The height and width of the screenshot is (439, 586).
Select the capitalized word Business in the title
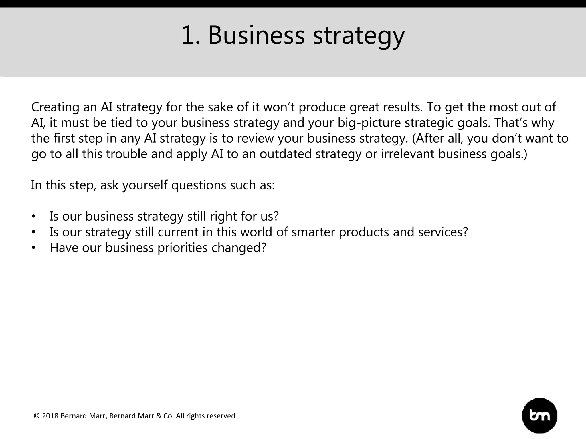point(256,35)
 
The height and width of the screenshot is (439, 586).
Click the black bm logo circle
point(539,416)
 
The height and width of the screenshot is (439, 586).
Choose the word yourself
point(145,185)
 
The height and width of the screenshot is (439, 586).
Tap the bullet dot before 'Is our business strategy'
point(33,217)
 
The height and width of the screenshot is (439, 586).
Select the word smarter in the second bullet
point(313,232)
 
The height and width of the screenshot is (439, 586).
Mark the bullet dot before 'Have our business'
point(33,248)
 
